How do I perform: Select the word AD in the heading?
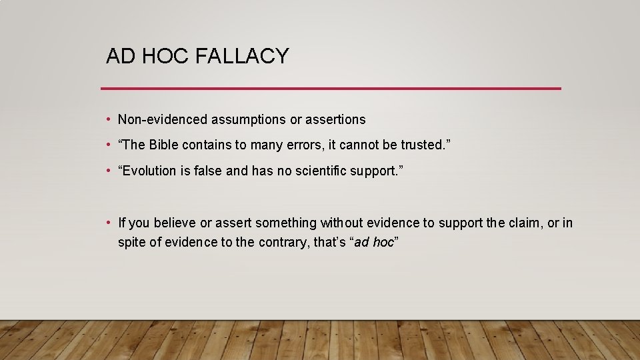tap(121, 57)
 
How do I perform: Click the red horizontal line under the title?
tap(331, 88)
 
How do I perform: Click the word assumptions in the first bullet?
tap(249, 120)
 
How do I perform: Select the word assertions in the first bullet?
tap(335, 120)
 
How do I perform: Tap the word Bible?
tap(164, 145)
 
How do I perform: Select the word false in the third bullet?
tap(209, 171)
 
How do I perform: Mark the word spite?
tap(131, 243)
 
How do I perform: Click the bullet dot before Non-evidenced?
tap(108, 120)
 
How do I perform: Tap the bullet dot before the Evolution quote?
tap(108, 171)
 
